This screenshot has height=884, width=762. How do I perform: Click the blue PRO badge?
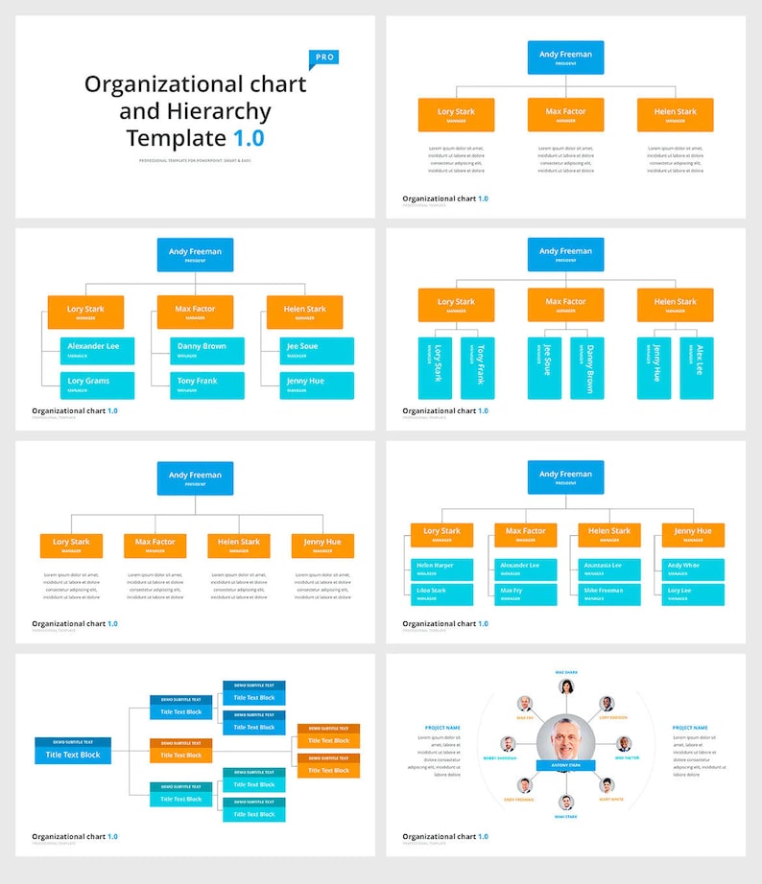click(x=323, y=58)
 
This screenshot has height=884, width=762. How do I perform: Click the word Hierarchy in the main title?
click(x=195, y=111)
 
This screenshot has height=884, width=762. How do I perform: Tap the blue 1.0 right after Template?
click(x=248, y=138)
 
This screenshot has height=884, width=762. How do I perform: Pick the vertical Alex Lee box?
click(x=697, y=368)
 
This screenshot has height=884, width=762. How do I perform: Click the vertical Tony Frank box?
click(x=477, y=368)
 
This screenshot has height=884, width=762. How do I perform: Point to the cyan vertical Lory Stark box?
click(x=435, y=368)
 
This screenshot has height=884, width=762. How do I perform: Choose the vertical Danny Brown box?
click(x=586, y=368)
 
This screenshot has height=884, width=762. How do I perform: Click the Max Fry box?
click(x=525, y=593)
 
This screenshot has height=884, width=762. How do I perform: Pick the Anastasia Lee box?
click(x=609, y=569)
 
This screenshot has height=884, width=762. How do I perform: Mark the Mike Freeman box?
click(x=609, y=593)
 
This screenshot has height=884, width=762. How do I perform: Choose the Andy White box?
click(x=693, y=569)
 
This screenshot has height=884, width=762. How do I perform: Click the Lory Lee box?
click(x=693, y=593)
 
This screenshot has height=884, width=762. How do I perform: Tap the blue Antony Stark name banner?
click(x=566, y=765)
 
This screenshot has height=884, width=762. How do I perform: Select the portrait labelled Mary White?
click(x=607, y=785)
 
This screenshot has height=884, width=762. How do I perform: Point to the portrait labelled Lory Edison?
click(x=607, y=704)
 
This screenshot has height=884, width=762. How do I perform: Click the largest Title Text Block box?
click(x=73, y=755)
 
